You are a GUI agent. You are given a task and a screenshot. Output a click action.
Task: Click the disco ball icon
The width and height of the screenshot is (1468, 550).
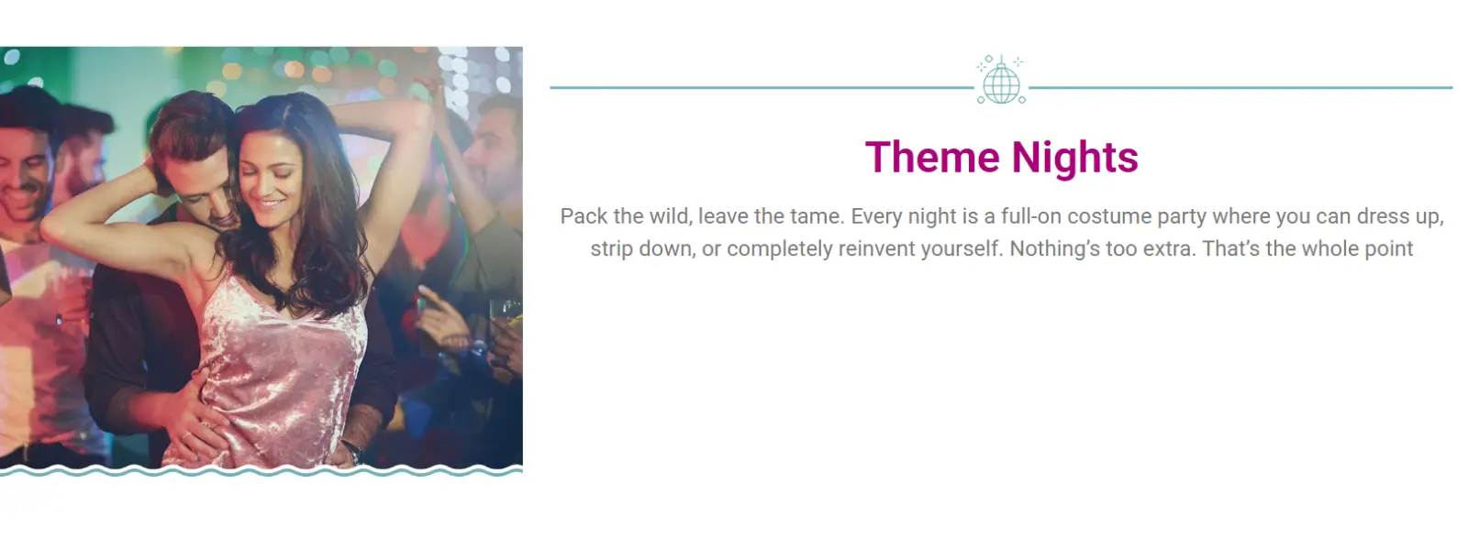pos(1000,82)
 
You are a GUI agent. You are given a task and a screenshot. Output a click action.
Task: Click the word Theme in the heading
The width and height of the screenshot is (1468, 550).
pos(931,158)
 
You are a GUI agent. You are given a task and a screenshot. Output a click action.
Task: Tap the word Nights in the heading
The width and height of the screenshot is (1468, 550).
pos(1074,158)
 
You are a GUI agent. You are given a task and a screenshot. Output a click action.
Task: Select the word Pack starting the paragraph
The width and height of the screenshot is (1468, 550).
pos(584,216)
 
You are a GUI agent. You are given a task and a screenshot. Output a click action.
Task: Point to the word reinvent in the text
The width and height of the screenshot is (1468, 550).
pos(878,248)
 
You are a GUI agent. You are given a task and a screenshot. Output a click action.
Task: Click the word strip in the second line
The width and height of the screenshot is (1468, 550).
pos(611,248)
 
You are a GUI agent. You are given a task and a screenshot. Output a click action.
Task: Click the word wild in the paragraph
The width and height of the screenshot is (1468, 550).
pos(669,216)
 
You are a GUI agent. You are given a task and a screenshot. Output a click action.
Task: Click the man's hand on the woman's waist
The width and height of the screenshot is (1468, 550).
pos(193,408)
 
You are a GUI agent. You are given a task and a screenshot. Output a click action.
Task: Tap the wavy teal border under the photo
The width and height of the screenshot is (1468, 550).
pos(261,471)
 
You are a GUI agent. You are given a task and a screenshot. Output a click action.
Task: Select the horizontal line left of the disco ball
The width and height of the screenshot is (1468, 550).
pos(762,88)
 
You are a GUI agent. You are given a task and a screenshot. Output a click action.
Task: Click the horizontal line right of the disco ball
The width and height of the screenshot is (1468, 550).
pos(1239,88)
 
